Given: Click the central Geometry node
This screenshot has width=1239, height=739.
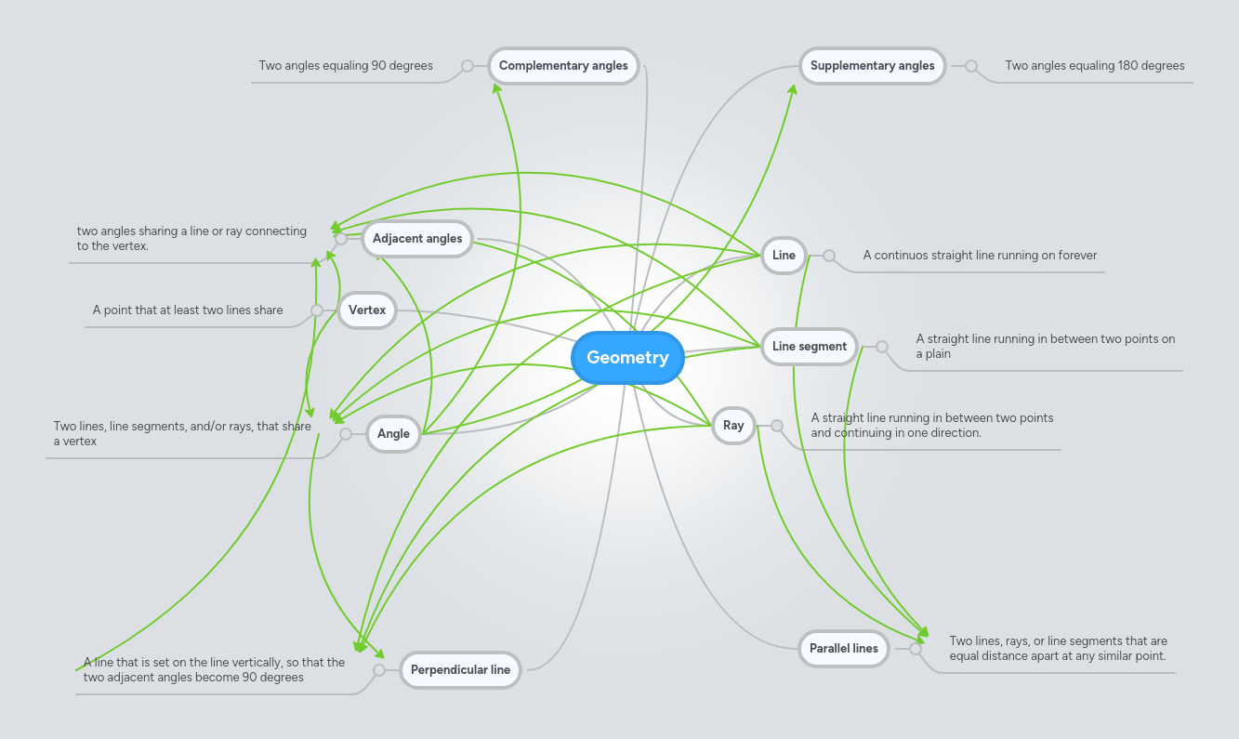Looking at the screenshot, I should click(x=627, y=358).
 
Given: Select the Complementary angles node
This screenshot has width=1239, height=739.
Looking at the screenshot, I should click(x=563, y=66).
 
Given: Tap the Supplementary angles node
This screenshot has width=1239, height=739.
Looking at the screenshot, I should click(x=872, y=66).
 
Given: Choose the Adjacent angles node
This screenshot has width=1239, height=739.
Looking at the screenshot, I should click(x=417, y=239).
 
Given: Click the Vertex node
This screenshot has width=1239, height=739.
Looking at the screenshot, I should click(x=367, y=310).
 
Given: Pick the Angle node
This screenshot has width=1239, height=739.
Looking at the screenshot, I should click(x=393, y=434).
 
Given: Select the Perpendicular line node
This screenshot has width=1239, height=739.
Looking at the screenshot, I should click(x=460, y=670).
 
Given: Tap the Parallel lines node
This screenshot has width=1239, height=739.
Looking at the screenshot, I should click(x=843, y=649).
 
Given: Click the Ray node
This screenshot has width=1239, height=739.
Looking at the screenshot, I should click(x=733, y=426).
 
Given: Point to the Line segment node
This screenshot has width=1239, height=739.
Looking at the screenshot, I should click(x=809, y=347).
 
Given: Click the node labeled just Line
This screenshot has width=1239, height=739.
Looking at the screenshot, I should click(x=784, y=256).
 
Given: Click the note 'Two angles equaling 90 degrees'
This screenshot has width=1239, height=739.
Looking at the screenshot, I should click(x=346, y=66).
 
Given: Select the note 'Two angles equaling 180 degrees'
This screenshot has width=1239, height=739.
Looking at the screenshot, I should click(x=1094, y=66).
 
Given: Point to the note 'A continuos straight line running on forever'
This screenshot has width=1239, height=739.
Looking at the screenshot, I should click(x=980, y=256).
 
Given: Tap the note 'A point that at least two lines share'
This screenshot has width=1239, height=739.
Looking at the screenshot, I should click(x=188, y=310).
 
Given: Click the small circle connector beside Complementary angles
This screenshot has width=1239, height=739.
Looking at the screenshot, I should click(x=468, y=66).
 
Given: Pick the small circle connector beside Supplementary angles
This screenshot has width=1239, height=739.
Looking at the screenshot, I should click(x=971, y=66).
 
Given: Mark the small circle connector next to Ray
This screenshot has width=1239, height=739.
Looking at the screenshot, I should click(x=777, y=426).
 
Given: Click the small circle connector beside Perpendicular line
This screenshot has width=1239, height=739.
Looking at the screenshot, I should click(x=379, y=670).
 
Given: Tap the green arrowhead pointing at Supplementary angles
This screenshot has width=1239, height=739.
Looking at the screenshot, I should click(x=794, y=89).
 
